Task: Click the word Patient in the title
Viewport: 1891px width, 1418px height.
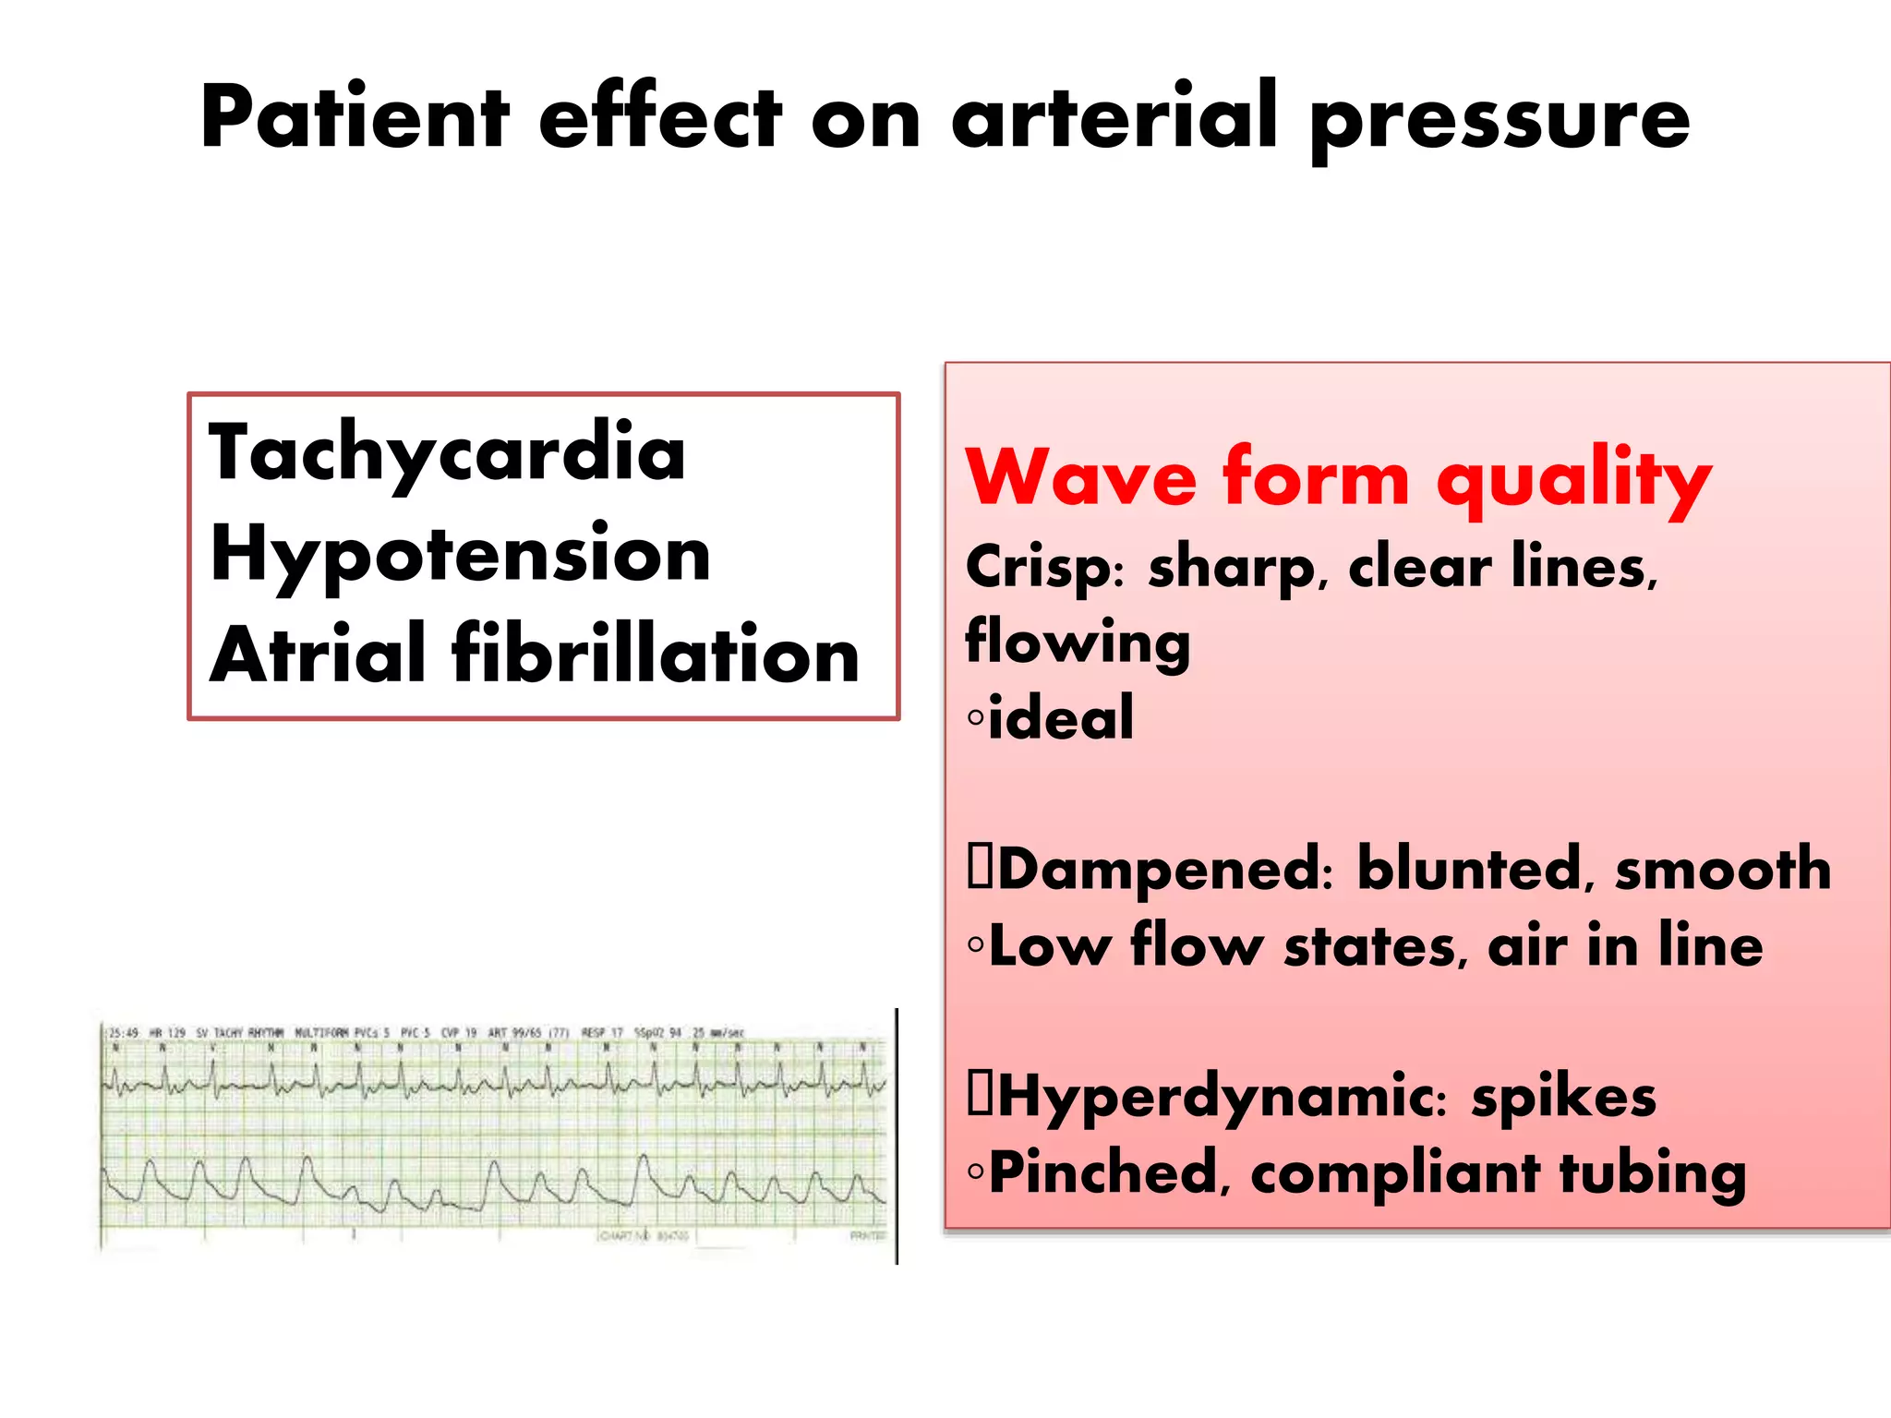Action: pyautogui.click(x=355, y=118)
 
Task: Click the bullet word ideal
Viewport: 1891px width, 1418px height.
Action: pyautogui.click(x=1060, y=718)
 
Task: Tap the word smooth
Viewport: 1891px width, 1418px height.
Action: pyautogui.click(x=1723, y=871)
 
